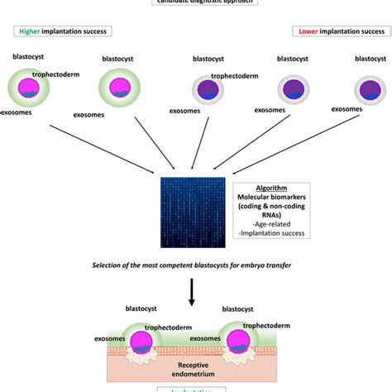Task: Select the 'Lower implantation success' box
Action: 339,31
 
